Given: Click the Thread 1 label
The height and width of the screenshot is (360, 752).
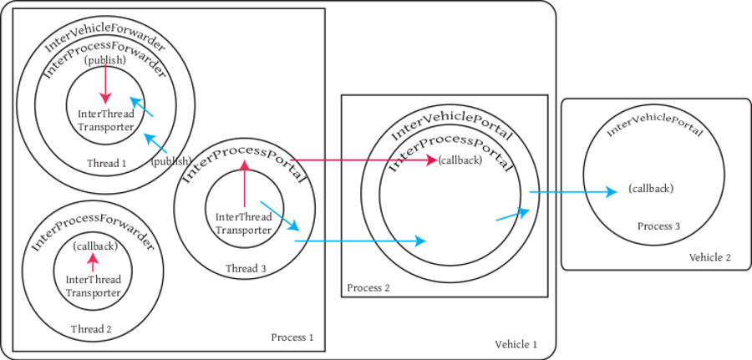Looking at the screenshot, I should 106,163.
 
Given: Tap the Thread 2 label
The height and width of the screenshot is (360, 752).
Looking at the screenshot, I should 91,328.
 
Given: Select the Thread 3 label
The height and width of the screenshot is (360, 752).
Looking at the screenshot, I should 246,268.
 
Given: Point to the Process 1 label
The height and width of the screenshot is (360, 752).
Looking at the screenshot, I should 292,337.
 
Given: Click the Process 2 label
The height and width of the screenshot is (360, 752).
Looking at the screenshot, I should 368,288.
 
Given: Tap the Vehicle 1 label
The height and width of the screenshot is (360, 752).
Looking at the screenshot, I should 516,344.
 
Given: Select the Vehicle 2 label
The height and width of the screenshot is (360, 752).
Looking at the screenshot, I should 710,257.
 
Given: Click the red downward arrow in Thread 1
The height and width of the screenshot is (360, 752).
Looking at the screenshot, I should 105,86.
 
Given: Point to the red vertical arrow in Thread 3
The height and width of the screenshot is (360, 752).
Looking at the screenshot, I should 244,184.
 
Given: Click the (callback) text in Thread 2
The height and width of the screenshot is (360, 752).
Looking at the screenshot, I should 94,246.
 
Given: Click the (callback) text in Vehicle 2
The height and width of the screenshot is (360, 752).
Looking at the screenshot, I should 650,189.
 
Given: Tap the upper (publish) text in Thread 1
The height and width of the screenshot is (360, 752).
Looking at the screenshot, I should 104,61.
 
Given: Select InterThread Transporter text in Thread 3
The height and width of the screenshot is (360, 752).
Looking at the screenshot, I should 243,224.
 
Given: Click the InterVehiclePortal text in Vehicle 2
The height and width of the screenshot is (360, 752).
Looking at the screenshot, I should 654,123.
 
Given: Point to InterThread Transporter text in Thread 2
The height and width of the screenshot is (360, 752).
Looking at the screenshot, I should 93,286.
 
